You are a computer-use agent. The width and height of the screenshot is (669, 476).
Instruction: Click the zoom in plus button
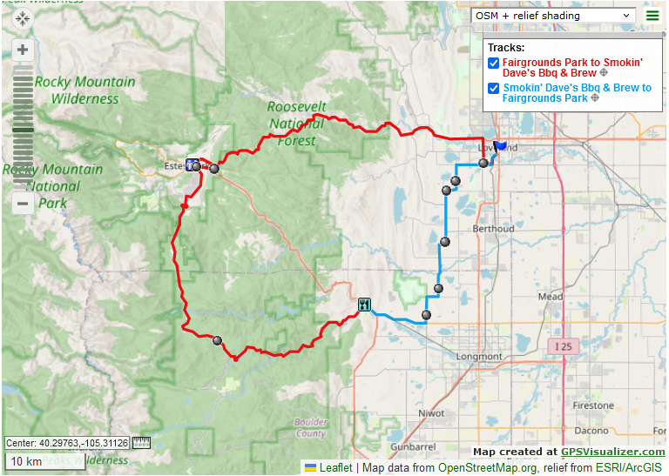pyautogui.click(x=23, y=50)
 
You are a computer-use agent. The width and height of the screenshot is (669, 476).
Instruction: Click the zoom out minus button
pyautogui.click(x=23, y=204)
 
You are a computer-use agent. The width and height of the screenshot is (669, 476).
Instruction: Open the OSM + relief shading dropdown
pyautogui.click(x=553, y=15)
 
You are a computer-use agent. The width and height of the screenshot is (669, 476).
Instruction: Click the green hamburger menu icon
pyautogui.click(x=652, y=15)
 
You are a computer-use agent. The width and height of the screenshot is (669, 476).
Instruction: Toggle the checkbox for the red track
pyautogui.click(x=493, y=63)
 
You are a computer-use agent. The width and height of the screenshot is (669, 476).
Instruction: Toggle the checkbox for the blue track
pyautogui.click(x=493, y=88)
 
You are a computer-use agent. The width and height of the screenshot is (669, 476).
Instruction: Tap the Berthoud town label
pyautogui.click(x=493, y=229)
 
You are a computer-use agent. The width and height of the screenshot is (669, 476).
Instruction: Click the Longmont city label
pyautogui.click(x=478, y=357)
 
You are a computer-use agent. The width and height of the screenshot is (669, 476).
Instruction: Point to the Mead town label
pyautogui.click(x=550, y=297)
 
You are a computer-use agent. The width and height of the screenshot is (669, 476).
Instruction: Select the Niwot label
pyautogui.click(x=431, y=413)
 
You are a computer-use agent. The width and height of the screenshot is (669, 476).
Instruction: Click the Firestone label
pyautogui.click(x=592, y=406)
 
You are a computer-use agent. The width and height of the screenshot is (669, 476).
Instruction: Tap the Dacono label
pyautogui.click(x=592, y=431)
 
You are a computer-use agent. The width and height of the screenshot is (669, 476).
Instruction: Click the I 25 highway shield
pyautogui.click(x=564, y=346)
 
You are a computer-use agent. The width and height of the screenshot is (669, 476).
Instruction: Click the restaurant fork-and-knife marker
pyautogui.click(x=364, y=305)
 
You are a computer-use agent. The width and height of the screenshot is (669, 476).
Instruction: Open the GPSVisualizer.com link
pyautogui.click(x=612, y=452)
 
